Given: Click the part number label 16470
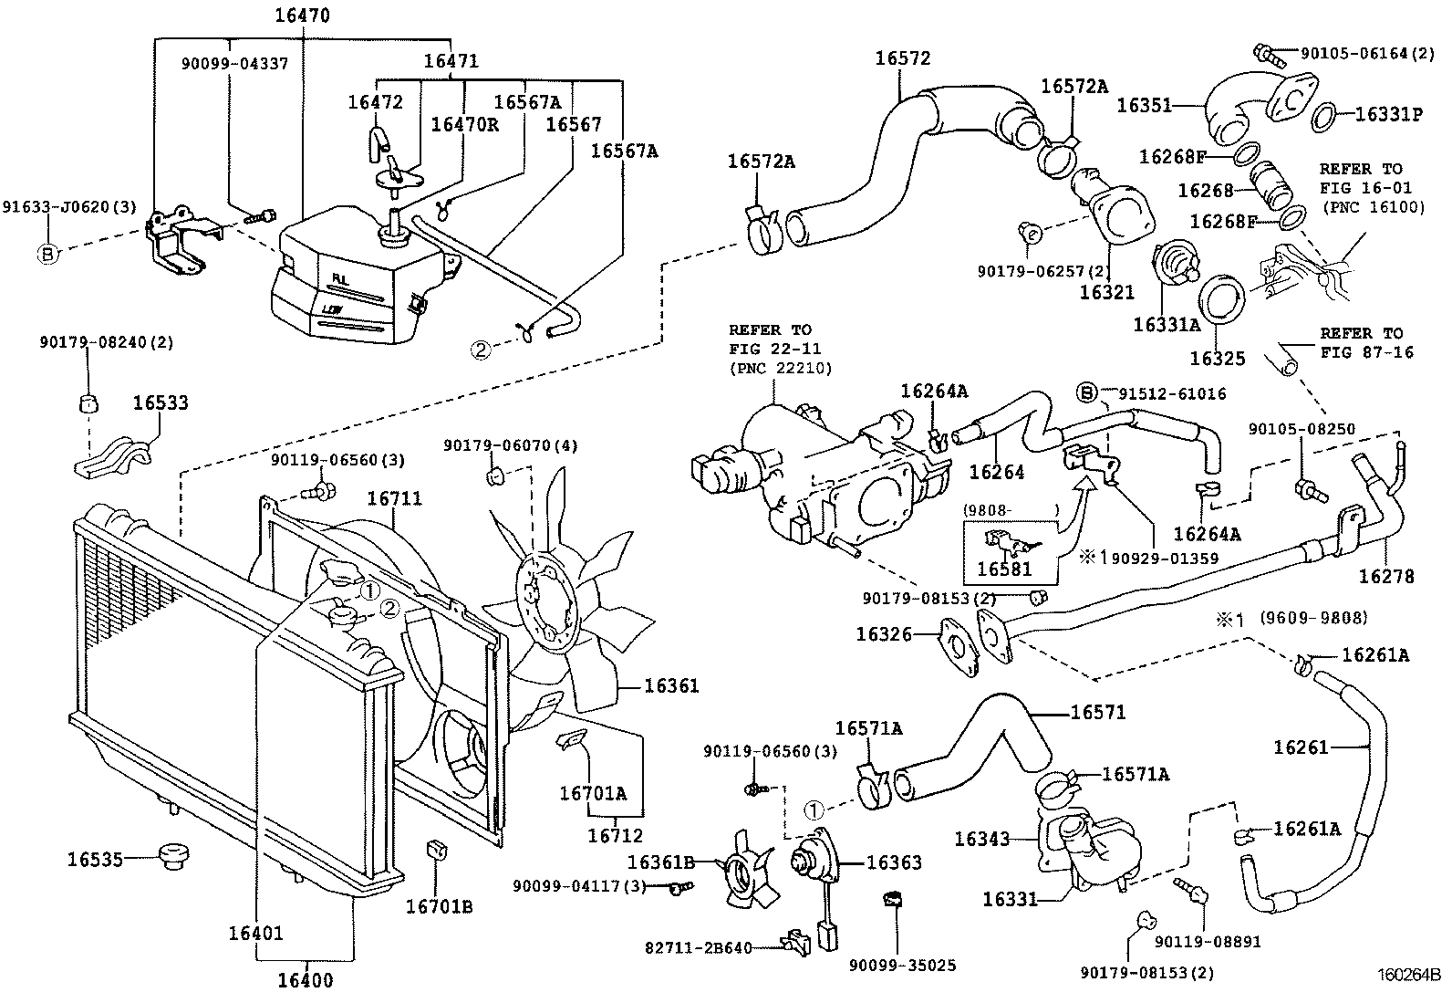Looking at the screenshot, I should click(302, 16).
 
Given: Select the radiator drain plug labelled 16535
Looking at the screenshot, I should click(171, 857).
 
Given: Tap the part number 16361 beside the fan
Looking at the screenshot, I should click(671, 685).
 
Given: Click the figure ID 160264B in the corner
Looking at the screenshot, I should click(1408, 975).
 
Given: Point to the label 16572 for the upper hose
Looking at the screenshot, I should click(902, 58).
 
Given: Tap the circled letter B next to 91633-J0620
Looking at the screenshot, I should click(47, 253).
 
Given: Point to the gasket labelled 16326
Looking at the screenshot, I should click(959, 649).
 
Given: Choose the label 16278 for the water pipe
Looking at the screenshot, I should click(1385, 576).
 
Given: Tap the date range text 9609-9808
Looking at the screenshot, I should click(1313, 619).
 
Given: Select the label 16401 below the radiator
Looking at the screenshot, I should click(255, 933).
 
